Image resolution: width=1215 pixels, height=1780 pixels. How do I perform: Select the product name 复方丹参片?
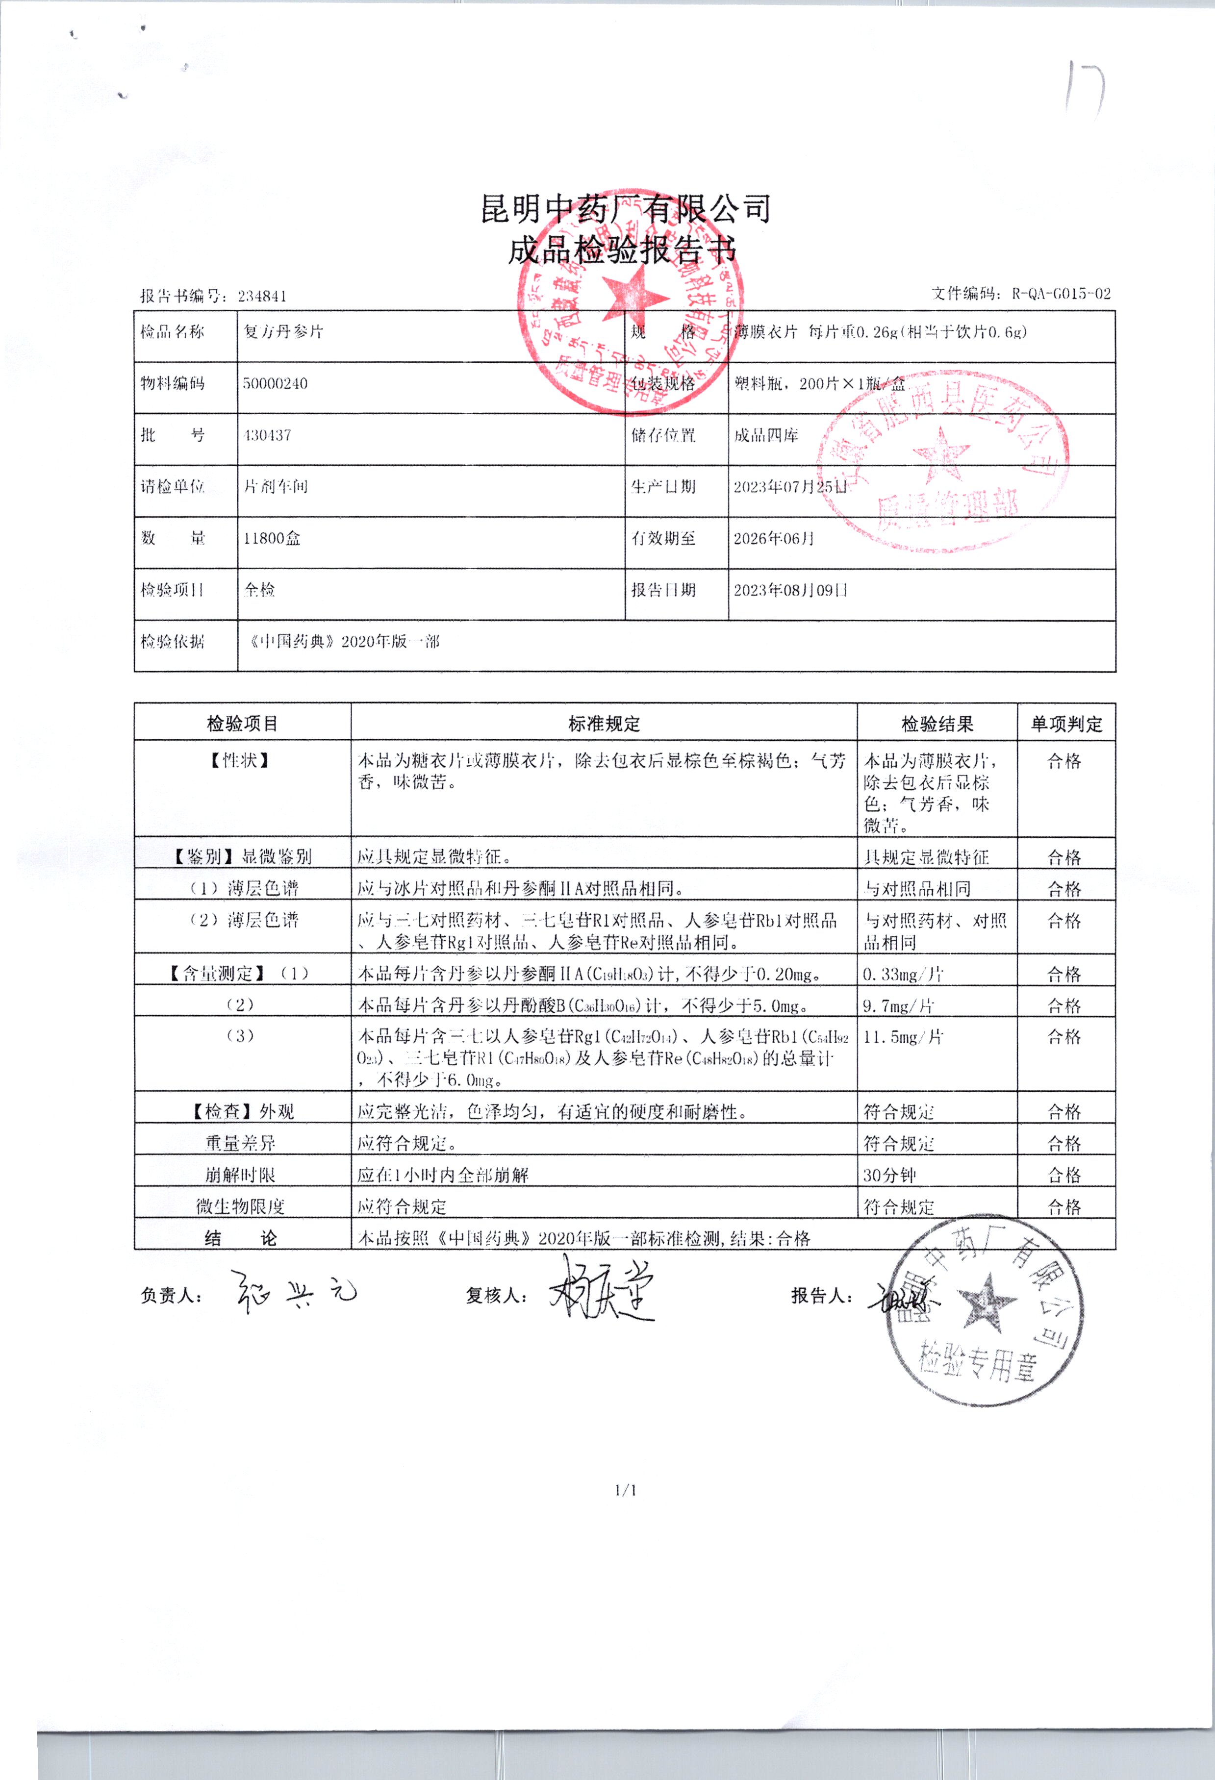pyautogui.click(x=283, y=332)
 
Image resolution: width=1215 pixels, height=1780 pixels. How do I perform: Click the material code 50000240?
pyautogui.click(x=275, y=384)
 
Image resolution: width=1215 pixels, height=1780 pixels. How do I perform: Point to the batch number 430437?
pyautogui.click(x=267, y=435)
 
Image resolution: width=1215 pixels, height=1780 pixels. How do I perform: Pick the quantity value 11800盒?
pyautogui.click(x=272, y=538)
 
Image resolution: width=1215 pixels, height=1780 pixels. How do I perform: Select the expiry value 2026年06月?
pyautogui.click(x=774, y=538)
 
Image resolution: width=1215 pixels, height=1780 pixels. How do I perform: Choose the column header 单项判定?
pyautogui.click(x=1066, y=724)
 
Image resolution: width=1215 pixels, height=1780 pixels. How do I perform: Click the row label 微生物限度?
pyautogui.click(x=241, y=1207)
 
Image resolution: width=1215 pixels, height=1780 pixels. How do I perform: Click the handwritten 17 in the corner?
pyautogui.click(x=1084, y=88)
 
